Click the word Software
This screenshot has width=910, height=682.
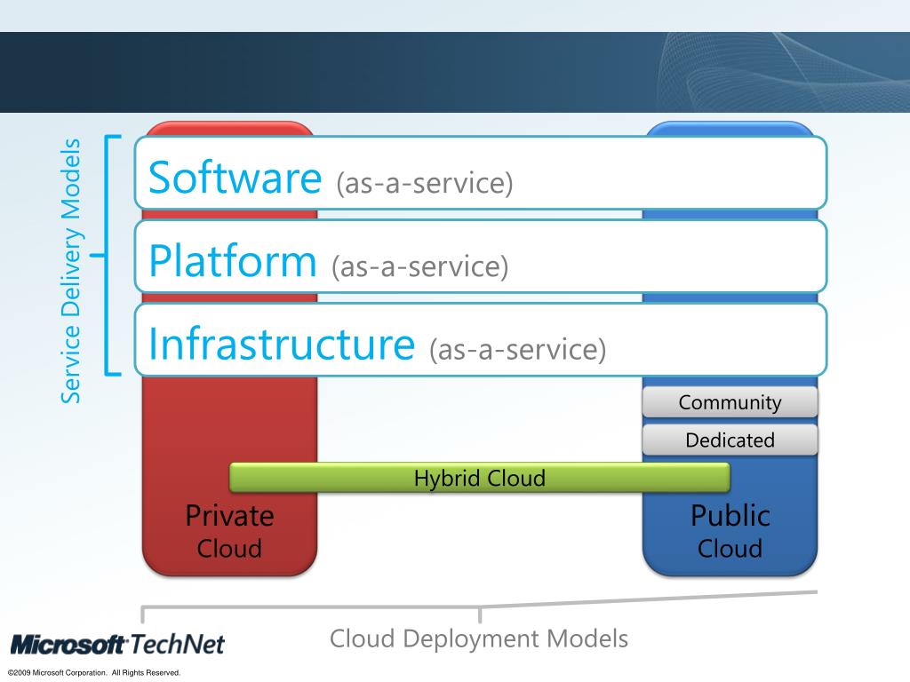(234, 178)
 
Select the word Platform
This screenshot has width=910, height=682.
(232, 261)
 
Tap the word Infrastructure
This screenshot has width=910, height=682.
(282, 345)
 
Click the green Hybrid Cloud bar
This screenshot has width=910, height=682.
(480, 478)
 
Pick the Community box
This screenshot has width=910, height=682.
(730, 403)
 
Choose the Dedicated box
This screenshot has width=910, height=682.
(730, 440)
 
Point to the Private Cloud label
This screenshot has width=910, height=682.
(229, 531)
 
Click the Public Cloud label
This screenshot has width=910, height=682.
(730, 531)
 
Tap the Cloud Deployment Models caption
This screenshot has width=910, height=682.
(479, 638)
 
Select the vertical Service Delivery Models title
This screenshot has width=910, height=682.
(70, 271)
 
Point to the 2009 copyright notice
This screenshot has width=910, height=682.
(94, 673)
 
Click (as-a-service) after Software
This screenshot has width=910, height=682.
(425, 184)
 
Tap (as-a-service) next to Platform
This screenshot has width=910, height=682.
(419, 266)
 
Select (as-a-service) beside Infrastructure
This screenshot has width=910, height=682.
(517, 350)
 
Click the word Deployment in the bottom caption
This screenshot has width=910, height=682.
(472, 638)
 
